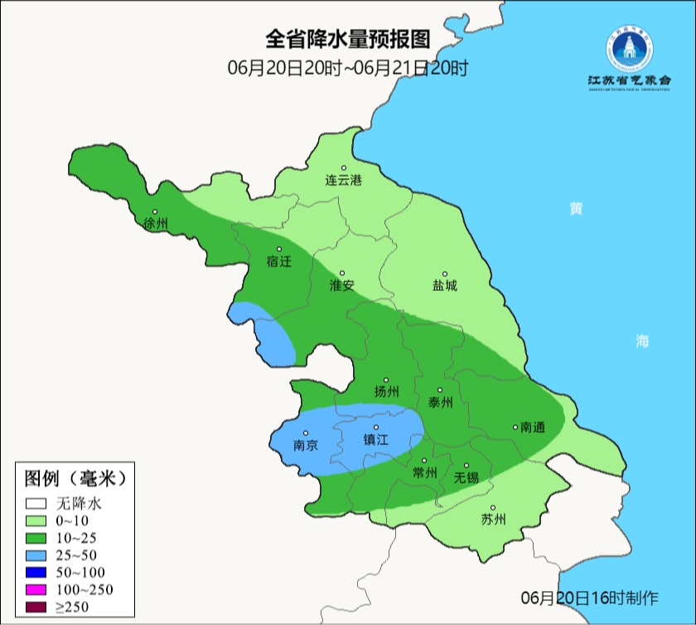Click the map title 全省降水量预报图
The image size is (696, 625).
point(348,39)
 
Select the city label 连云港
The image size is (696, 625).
point(343,180)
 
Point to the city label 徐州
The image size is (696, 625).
point(155,224)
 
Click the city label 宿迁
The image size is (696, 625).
point(279,261)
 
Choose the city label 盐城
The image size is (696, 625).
point(444,286)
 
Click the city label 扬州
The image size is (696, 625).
point(386,391)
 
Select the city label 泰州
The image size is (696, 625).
point(440,402)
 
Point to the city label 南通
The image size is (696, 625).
point(532,427)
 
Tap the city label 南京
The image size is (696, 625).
point(306,445)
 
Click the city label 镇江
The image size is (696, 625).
point(375,440)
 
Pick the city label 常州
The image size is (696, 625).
point(424,472)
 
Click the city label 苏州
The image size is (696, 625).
point(493,520)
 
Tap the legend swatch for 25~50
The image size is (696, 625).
point(35,555)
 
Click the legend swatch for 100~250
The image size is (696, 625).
point(35,590)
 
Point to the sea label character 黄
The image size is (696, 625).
point(575,208)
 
